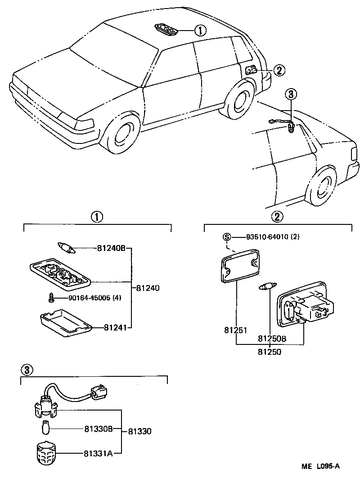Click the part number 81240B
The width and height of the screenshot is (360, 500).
(x=111, y=248)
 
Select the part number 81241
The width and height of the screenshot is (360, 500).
(x=115, y=328)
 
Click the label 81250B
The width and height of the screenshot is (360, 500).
(x=272, y=338)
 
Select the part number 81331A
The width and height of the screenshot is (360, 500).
(x=98, y=453)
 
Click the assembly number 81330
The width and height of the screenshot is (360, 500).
(x=139, y=431)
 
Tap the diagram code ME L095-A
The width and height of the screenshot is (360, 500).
(x=320, y=466)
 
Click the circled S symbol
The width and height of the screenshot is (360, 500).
(x=226, y=237)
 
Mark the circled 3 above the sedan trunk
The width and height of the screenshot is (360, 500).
(x=291, y=94)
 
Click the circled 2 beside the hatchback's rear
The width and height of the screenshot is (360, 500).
(x=279, y=70)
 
